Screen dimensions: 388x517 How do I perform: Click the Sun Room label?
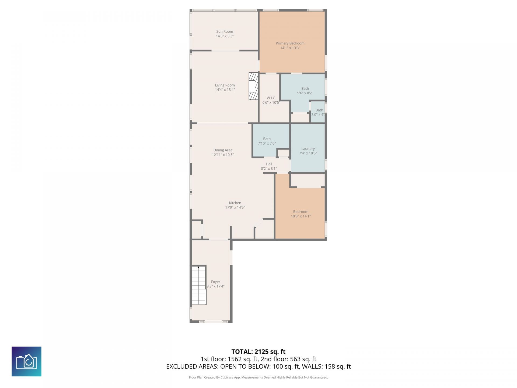[x=225, y=32]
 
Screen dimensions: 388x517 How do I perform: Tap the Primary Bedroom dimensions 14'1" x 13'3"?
[x=290, y=48]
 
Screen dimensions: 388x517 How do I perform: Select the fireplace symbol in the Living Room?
[x=253, y=86]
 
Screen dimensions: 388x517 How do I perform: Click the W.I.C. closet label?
[x=271, y=98]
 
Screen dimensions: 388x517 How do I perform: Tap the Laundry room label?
[x=308, y=149]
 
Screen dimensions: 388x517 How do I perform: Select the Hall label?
[x=269, y=164]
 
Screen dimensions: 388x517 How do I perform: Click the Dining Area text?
[x=223, y=150]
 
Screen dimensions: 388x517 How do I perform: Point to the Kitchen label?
[x=235, y=203]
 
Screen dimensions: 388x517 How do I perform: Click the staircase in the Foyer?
[x=199, y=286]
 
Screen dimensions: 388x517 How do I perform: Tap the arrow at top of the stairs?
[x=199, y=267]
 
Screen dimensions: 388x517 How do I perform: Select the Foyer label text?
[x=215, y=282]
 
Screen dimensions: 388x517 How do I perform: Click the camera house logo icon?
[x=26, y=361]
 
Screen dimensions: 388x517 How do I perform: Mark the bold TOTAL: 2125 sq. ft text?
[x=258, y=352]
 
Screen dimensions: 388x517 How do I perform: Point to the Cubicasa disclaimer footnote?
[x=258, y=377]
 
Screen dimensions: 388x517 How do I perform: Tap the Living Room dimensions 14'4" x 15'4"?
[x=225, y=90]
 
